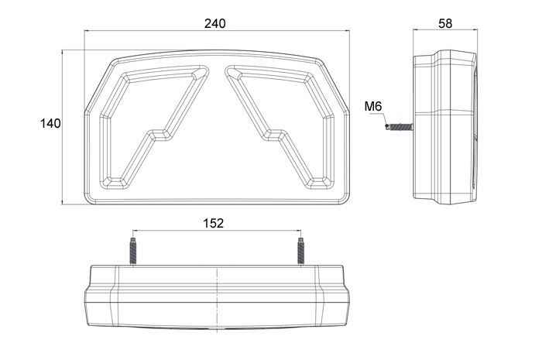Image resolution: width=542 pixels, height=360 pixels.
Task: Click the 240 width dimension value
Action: [x=214, y=23]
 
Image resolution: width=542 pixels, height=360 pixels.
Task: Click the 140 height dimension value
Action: [x=50, y=123]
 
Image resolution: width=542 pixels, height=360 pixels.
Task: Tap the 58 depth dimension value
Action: [x=445, y=23]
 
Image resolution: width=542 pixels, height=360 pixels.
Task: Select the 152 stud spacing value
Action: [x=213, y=223]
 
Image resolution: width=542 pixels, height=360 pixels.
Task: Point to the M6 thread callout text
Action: [x=373, y=106]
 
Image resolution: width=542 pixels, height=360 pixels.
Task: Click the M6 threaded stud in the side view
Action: [x=400, y=127]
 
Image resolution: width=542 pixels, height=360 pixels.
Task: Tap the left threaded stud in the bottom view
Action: [x=133, y=252]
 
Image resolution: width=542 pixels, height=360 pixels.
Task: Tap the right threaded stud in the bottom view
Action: [x=300, y=252]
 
